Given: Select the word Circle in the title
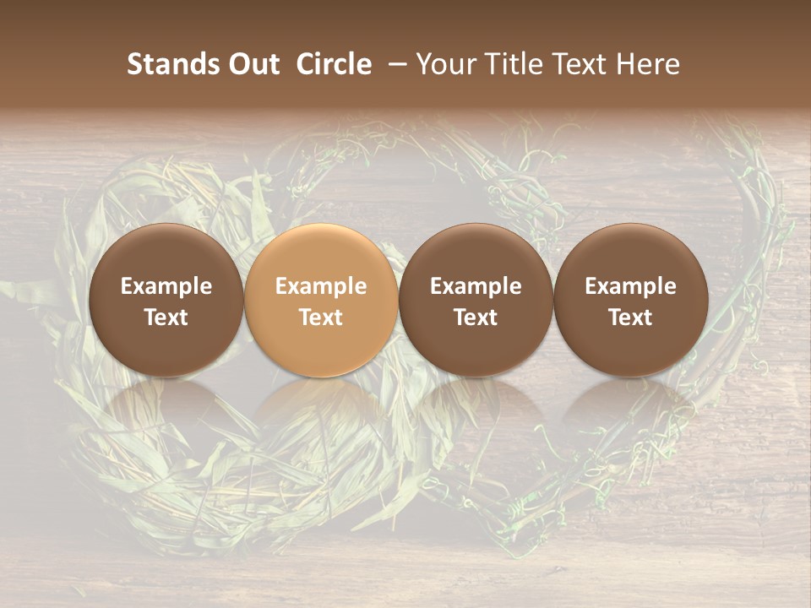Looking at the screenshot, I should point(334,64).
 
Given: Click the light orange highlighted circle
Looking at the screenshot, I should point(321,300).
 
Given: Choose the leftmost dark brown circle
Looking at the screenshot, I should point(166,300).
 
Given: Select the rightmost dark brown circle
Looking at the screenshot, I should point(631,300).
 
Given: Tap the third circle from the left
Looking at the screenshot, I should point(476,300).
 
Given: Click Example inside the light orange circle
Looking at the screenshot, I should point(321,286).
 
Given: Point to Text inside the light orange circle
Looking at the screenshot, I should point(321,318).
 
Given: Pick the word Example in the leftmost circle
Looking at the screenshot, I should point(166,286).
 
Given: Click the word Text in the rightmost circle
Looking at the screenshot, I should point(631,318).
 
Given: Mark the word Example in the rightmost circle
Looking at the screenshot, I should point(631,286).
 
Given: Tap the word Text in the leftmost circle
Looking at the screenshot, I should point(166,318).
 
